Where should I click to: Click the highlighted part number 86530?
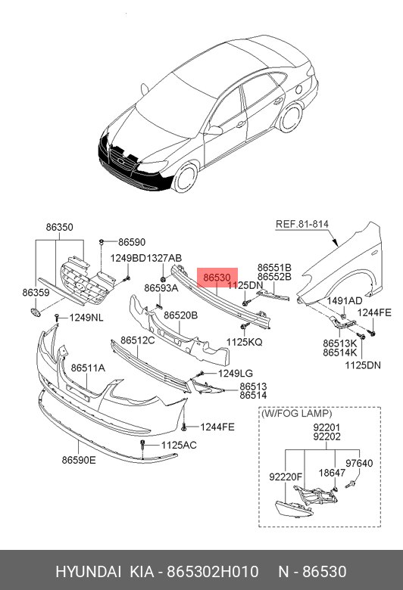[x=217, y=278]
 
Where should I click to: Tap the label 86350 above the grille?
[x=60, y=227]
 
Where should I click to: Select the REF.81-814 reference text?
[x=302, y=224]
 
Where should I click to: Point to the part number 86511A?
[x=88, y=368]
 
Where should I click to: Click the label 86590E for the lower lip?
[x=79, y=460]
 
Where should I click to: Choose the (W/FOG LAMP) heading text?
[x=297, y=414]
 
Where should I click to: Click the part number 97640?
[x=359, y=463]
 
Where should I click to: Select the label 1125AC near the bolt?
[x=179, y=445]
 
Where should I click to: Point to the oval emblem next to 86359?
[x=35, y=312]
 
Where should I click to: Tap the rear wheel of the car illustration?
[x=291, y=117]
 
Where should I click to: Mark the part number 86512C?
[x=138, y=340]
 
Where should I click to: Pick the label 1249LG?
[x=236, y=373]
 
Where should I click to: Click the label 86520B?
[x=180, y=315]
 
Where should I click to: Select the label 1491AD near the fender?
[x=345, y=300]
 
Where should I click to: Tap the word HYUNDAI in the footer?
[x=88, y=572]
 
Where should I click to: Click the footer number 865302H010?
[x=213, y=572]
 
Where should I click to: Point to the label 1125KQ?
[x=244, y=342]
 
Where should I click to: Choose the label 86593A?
[x=161, y=288]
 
